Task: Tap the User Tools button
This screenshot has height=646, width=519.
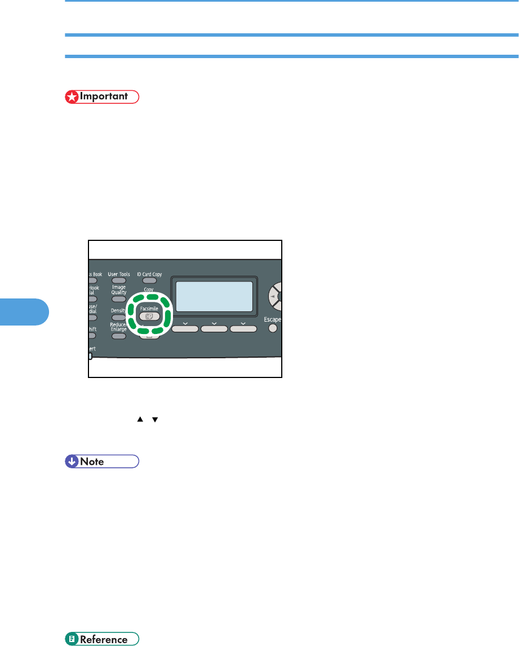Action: pos(118,280)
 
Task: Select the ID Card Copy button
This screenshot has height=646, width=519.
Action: pos(149,280)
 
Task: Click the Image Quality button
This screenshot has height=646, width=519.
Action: pos(118,299)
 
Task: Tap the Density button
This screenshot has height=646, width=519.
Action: pos(118,318)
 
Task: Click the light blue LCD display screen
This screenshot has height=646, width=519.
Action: pos(214,296)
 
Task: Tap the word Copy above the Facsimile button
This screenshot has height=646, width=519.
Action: pos(149,289)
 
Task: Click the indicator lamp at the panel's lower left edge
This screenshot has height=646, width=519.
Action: pos(90,356)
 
